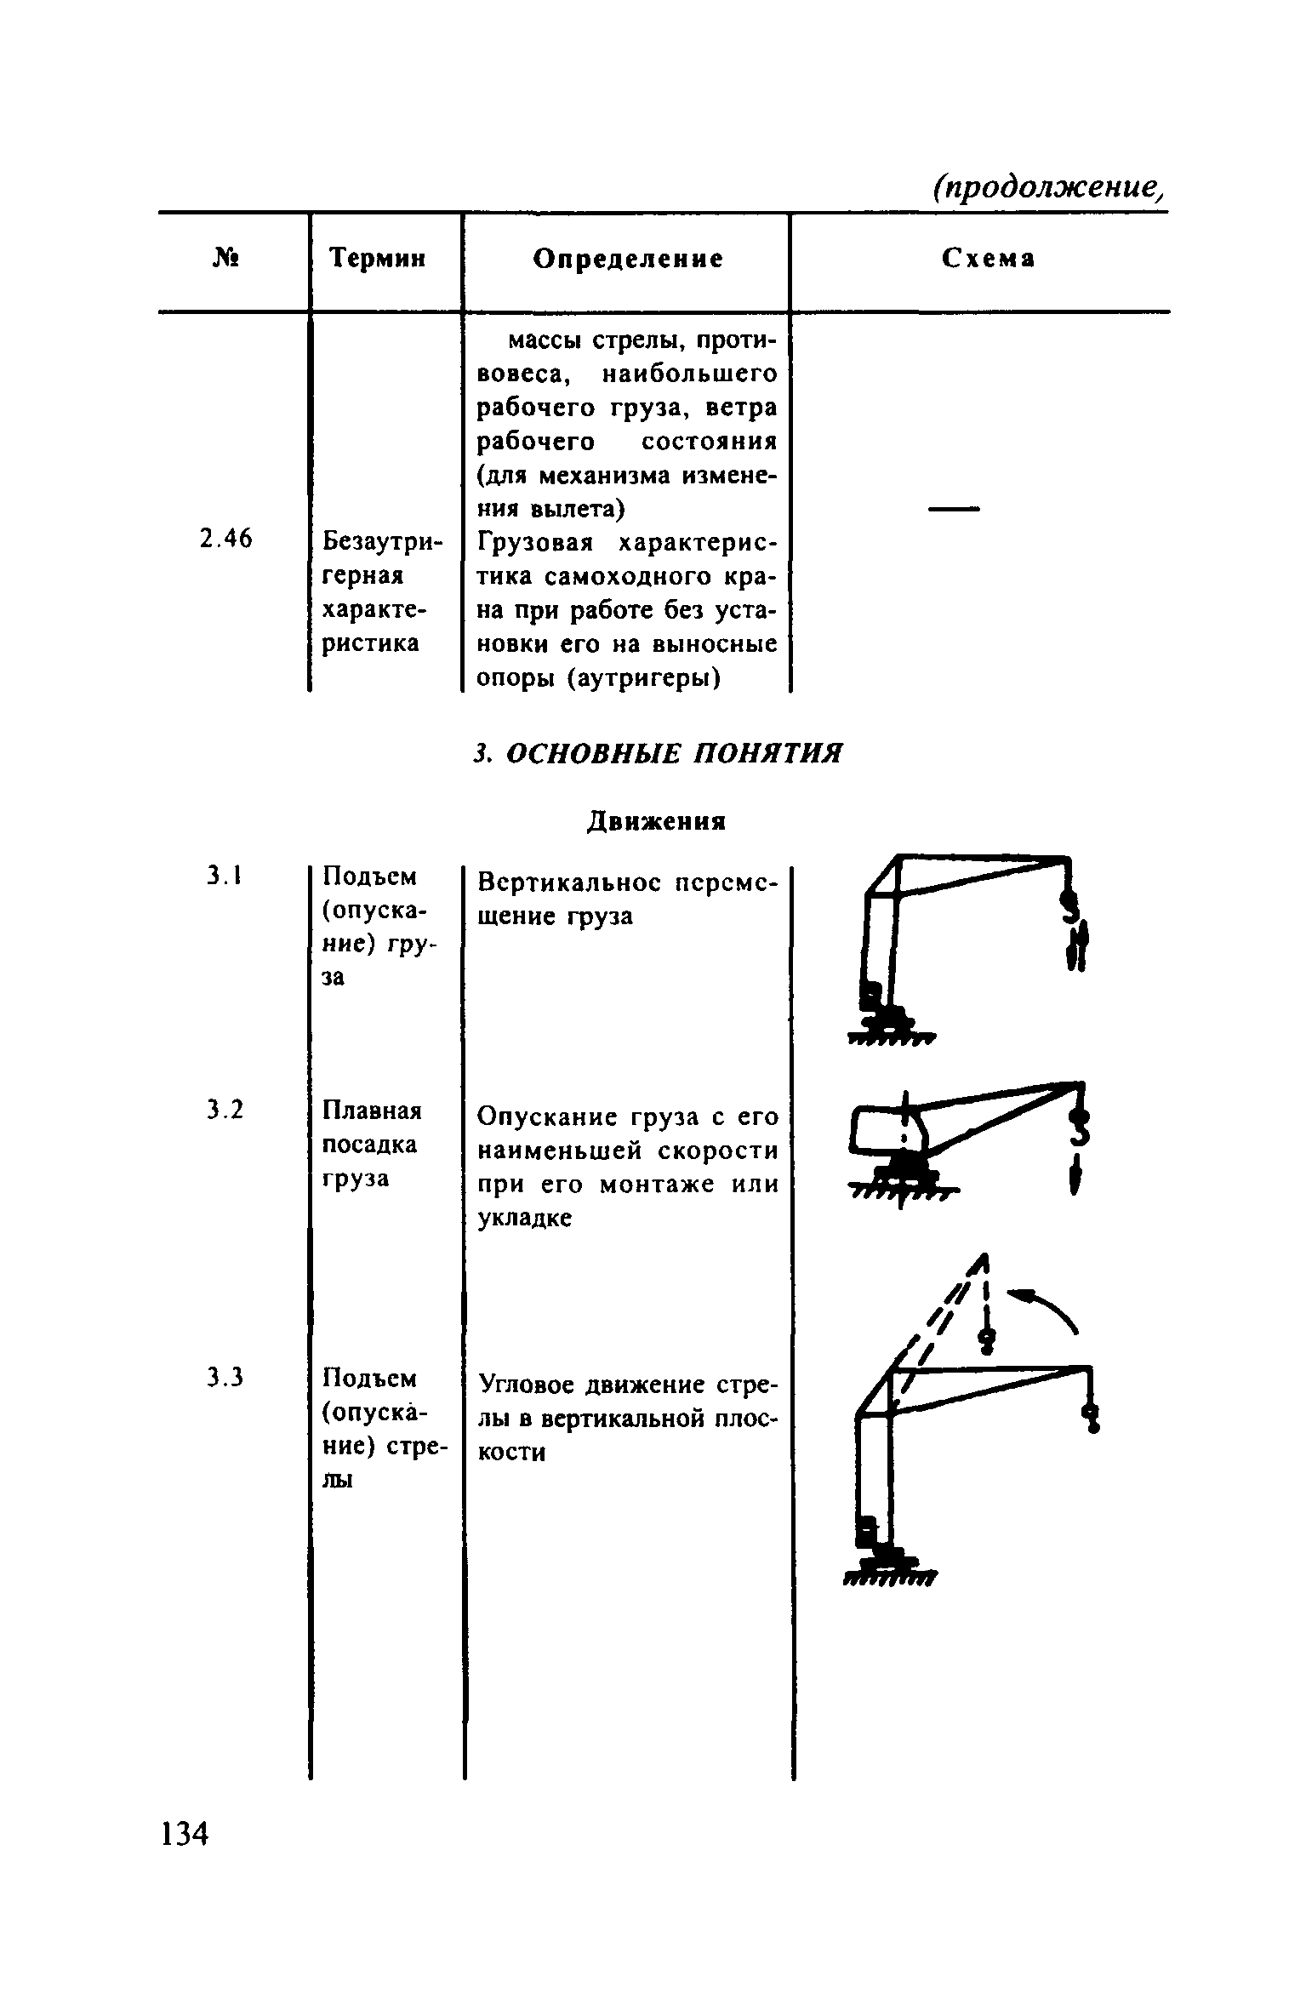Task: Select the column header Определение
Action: (x=628, y=259)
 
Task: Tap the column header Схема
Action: (x=989, y=259)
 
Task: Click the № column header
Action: (x=225, y=257)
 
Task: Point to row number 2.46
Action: (x=225, y=539)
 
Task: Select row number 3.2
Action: (x=225, y=1110)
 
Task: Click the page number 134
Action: (x=185, y=1833)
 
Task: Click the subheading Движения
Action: (x=655, y=821)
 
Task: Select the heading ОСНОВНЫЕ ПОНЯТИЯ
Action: (x=672, y=753)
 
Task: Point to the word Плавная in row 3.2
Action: (x=372, y=1111)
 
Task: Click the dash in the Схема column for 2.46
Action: (x=954, y=509)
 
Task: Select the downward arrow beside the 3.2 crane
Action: (x=1075, y=1177)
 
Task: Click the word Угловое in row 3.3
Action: (x=528, y=1385)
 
